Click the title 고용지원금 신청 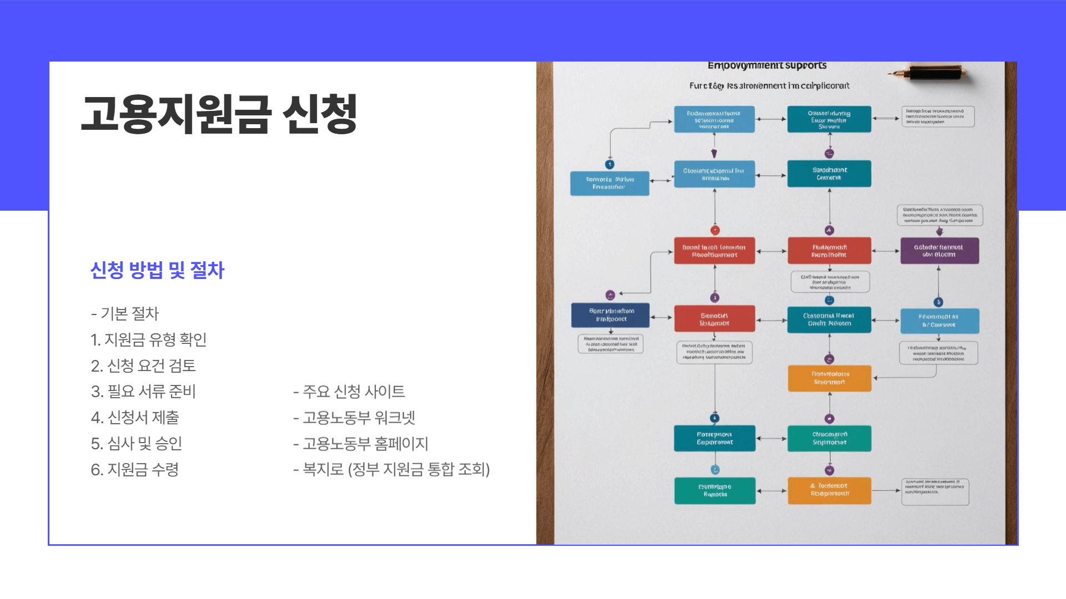click(219, 115)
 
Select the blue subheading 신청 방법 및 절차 click(157, 270)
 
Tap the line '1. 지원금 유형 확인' click(148, 339)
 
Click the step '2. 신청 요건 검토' click(143, 366)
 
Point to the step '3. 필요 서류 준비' click(143, 392)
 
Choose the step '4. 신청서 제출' click(135, 418)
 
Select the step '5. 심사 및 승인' click(137, 444)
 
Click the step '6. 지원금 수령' click(135, 470)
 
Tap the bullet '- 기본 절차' click(125, 313)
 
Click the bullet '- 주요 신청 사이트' click(349, 392)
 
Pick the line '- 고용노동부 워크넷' click(354, 418)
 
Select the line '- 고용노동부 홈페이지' click(361, 444)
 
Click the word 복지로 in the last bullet click(323, 470)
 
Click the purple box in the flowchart click(939, 251)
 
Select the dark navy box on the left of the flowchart click(610, 315)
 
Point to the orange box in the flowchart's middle click(829, 378)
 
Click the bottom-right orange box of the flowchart click(829, 490)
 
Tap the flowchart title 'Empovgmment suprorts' click(767, 66)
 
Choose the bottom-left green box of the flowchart click(715, 491)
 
